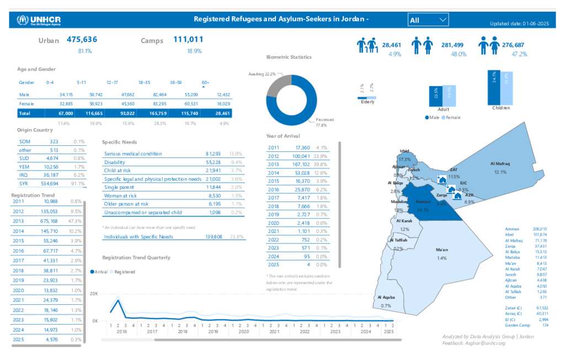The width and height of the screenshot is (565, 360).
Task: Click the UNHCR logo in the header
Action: point(38,20)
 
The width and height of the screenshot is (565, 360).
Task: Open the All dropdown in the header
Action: point(428,20)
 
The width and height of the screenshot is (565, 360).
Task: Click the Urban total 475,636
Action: point(82,39)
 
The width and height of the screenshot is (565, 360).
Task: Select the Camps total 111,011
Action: point(188,39)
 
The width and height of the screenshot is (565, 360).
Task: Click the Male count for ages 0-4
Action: point(66,94)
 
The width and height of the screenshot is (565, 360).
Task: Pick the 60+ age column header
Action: point(205,82)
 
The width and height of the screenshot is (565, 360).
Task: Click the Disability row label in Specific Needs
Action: point(115,162)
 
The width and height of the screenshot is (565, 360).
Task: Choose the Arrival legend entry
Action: point(99,272)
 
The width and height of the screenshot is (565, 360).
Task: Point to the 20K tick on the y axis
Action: point(94,294)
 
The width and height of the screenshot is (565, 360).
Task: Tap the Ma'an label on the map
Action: point(441,250)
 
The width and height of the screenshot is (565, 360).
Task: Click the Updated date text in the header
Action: point(519,23)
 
